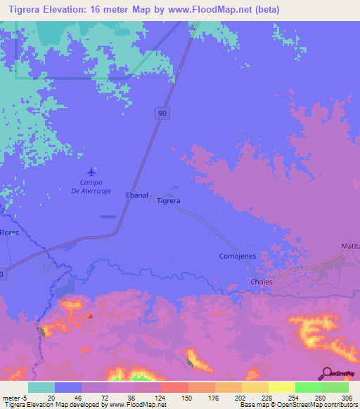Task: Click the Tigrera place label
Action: point(169,200)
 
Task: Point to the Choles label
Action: point(261,283)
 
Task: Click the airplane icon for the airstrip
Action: point(91,172)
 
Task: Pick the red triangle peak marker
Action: point(90,316)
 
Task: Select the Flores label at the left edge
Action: point(9,232)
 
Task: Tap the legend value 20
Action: point(51,397)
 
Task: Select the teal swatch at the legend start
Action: point(41,387)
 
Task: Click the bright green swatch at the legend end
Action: point(335,387)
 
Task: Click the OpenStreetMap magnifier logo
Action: point(326,372)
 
